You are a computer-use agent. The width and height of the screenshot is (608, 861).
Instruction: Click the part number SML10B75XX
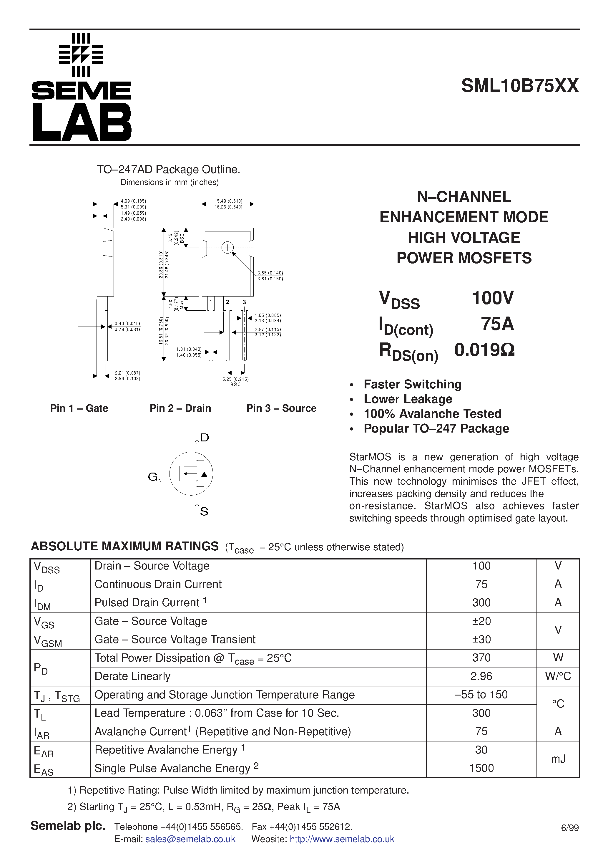pos(519,86)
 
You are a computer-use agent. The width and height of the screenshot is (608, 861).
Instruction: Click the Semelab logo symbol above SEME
pos(81,55)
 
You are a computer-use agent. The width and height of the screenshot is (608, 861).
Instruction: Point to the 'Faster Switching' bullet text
pos(412,384)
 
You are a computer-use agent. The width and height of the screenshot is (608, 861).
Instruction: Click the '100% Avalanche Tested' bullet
pos(432,414)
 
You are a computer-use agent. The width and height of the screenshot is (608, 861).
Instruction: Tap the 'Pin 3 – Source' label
pos(281,408)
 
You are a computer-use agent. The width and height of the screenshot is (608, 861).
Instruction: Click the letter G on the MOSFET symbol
pos(152,477)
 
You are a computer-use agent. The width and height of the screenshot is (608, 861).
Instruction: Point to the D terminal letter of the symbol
pos(204,437)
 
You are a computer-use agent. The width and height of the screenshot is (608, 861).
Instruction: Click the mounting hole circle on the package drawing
pos(227,248)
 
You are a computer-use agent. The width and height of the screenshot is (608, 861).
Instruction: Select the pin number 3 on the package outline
pos(244,302)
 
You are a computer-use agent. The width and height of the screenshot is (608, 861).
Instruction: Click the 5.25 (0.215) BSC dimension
pos(235,381)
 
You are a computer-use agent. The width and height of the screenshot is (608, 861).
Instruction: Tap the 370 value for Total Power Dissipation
pos(481,657)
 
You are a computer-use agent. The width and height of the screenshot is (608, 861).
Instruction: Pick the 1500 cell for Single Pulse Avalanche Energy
pos(481,768)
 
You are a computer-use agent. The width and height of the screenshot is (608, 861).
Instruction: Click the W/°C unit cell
pos(558,676)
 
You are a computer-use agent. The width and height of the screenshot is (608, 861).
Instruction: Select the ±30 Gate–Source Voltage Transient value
pos(481,639)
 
